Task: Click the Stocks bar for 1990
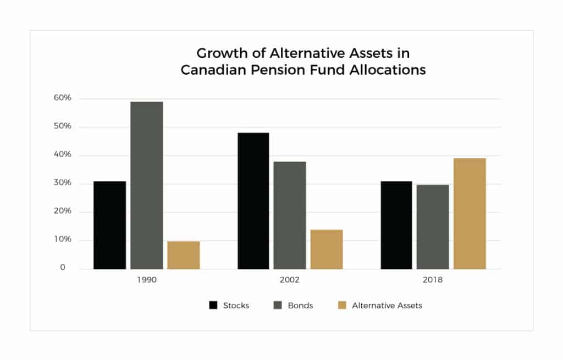coord(109,225)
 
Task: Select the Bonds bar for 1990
coord(147,185)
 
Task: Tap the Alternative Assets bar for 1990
coord(184,255)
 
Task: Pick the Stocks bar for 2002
coord(253,201)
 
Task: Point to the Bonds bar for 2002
coord(290,215)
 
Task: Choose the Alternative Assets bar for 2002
coord(327,249)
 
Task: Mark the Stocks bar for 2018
coord(396,225)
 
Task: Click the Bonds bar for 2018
coord(433,226)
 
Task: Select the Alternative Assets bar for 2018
coord(470,213)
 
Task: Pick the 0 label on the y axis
coord(63,268)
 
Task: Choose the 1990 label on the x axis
coord(147,280)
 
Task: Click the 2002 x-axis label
coord(290,280)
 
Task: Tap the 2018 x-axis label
coord(433,280)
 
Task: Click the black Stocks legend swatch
coord(213,305)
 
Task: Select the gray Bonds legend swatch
coord(278,305)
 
